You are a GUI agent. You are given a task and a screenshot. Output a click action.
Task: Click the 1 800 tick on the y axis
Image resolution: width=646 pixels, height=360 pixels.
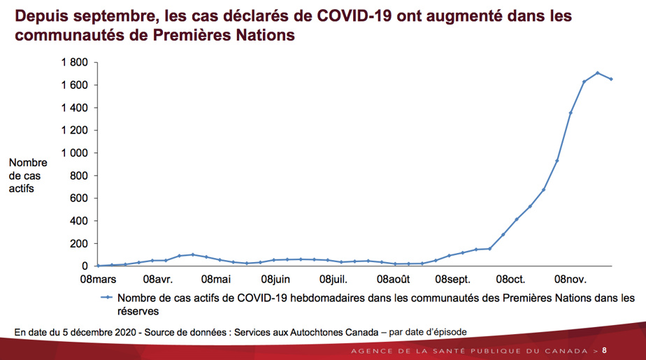click(73, 63)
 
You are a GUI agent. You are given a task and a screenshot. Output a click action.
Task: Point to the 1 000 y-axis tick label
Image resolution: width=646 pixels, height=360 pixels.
click(73, 153)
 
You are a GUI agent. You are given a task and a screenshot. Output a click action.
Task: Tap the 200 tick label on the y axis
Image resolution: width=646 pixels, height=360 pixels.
click(78, 243)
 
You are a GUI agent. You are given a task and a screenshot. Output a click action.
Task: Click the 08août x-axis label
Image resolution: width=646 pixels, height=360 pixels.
click(394, 280)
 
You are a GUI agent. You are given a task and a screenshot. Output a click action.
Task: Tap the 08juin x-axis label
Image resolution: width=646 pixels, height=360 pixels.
click(275, 280)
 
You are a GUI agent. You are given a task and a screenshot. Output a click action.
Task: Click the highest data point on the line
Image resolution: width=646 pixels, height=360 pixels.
click(597, 73)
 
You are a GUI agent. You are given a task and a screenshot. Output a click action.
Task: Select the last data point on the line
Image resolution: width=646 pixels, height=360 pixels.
click(611, 79)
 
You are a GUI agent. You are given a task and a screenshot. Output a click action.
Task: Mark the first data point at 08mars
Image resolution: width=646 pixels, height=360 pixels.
click(99, 266)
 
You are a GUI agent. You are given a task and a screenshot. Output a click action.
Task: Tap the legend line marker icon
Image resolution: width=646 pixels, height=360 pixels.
click(107, 297)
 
